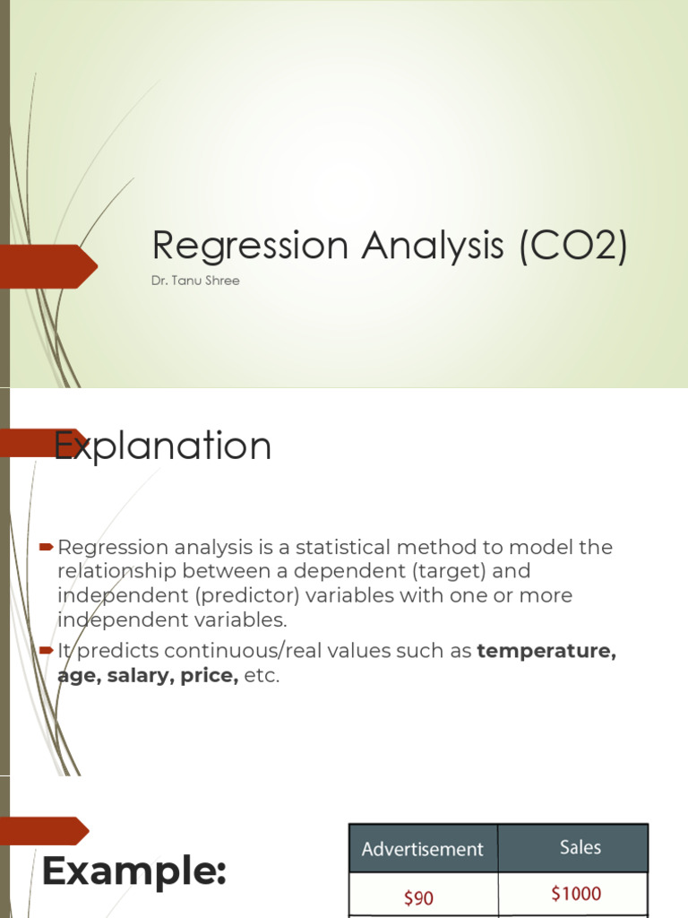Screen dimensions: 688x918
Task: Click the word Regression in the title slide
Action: [x=251, y=246]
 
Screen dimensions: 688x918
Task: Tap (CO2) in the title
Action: [x=573, y=245]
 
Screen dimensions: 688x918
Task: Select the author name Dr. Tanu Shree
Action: [x=195, y=281]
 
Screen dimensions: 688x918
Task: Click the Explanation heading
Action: [x=163, y=446]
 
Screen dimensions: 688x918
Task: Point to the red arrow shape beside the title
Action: [x=48, y=266]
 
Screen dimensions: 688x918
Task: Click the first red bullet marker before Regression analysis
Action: [x=47, y=548]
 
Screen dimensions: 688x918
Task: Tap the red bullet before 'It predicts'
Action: [x=47, y=651]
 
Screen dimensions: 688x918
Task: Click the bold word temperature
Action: [x=546, y=651]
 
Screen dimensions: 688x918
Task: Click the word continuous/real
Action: [x=281, y=651]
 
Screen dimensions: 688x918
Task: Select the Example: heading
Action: [x=134, y=871]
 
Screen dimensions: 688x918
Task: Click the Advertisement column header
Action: [x=423, y=849]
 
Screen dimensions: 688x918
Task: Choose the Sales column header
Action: [x=580, y=847]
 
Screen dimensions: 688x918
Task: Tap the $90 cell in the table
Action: [x=419, y=897]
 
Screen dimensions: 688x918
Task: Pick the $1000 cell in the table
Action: [x=576, y=894]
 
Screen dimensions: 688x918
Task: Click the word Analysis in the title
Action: [x=433, y=246]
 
